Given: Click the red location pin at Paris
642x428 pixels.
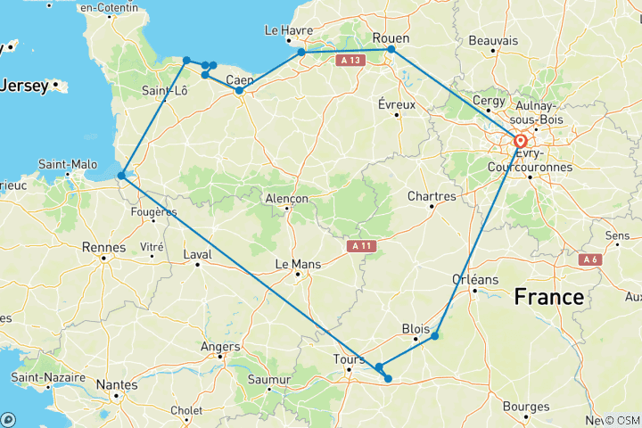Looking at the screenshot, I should (520, 141).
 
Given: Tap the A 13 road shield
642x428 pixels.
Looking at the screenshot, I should (350, 60).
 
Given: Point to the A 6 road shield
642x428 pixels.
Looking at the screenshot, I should (588, 259).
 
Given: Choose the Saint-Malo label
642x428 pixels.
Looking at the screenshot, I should (68, 164).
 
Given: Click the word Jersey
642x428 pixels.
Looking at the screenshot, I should (25, 86).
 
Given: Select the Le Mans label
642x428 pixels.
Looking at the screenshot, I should (297, 263).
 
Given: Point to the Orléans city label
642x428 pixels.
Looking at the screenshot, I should (474, 279).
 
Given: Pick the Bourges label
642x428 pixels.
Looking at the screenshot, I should (525, 407).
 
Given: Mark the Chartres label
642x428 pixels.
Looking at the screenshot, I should (432, 196).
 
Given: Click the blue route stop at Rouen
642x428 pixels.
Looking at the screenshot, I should (391, 49).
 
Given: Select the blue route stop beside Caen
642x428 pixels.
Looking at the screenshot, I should (239, 90).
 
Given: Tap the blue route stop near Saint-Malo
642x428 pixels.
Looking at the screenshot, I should (121, 175).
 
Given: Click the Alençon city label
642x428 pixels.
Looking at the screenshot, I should (286, 199).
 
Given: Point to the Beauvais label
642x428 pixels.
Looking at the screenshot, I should (493, 41).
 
